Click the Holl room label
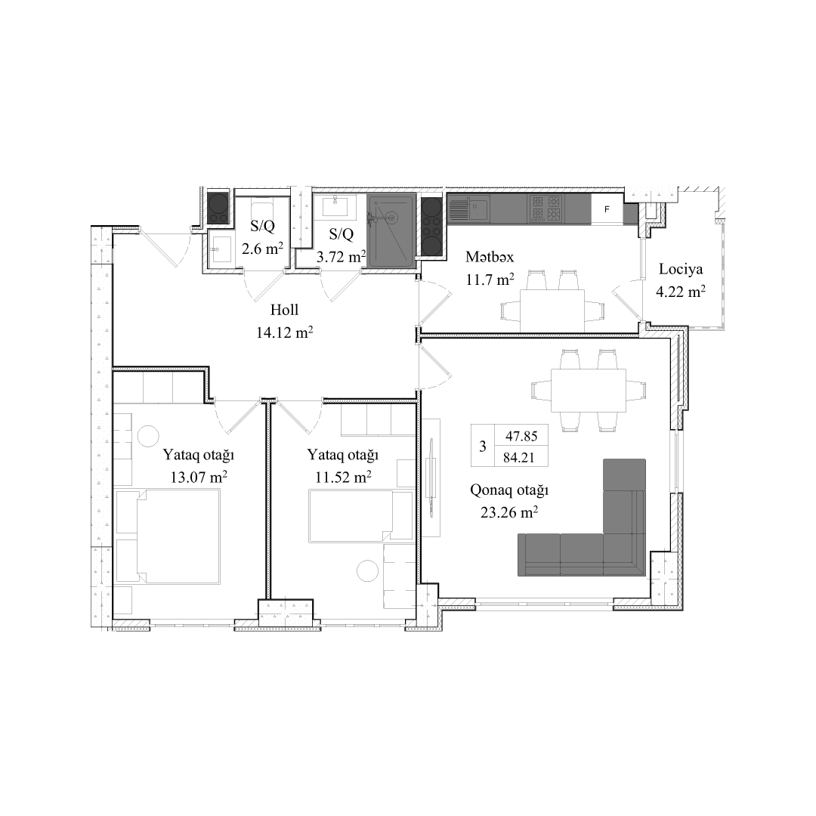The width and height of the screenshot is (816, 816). click(284, 311)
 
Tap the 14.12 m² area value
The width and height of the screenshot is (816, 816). click(285, 332)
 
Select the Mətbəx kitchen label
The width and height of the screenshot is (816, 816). click(490, 257)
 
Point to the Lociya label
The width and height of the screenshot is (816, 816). click(681, 270)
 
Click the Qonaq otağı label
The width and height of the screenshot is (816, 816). click(509, 490)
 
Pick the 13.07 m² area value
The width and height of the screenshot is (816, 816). click(199, 478)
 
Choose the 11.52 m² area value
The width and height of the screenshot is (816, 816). click(342, 478)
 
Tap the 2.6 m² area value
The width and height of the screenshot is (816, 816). click(262, 249)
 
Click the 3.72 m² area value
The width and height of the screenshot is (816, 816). click(342, 256)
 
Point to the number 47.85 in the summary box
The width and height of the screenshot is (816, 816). click(521, 436)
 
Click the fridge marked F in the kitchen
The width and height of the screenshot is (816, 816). click(607, 209)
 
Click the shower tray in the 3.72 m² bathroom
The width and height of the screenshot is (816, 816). click(391, 230)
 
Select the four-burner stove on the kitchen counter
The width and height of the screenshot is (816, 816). click(546, 209)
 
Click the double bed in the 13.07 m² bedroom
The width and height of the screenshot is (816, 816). click(178, 536)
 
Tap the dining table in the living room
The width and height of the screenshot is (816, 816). click(589, 390)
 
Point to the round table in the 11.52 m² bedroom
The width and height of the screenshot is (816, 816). click(369, 570)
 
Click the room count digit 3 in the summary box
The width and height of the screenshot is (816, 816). click(482, 447)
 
